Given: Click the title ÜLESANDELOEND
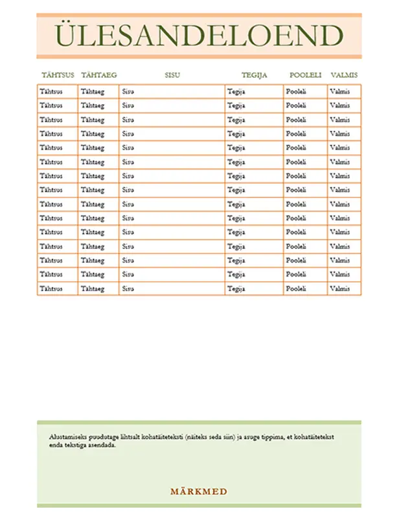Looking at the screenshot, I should tap(198, 35).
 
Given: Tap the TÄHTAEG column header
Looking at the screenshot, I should tap(98, 75).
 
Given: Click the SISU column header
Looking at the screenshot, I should tap(172, 75).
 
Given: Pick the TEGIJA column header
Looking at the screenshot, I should tap(254, 75).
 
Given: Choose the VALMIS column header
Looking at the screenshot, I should tap(344, 75).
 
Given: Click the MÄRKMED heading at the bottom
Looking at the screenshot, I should tap(198, 491).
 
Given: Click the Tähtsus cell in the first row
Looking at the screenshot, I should tap(51, 91).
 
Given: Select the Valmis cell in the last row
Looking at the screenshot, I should tap(339, 289).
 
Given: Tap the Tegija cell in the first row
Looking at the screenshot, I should tap(236, 91).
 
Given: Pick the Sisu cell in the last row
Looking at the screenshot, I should tap(128, 289).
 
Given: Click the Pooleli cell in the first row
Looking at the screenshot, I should tap(296, 91).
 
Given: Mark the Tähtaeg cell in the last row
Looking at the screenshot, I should tap(93, 289).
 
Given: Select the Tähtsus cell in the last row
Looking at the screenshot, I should tap(51, 289).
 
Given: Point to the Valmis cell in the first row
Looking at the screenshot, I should tap(339, 91).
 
